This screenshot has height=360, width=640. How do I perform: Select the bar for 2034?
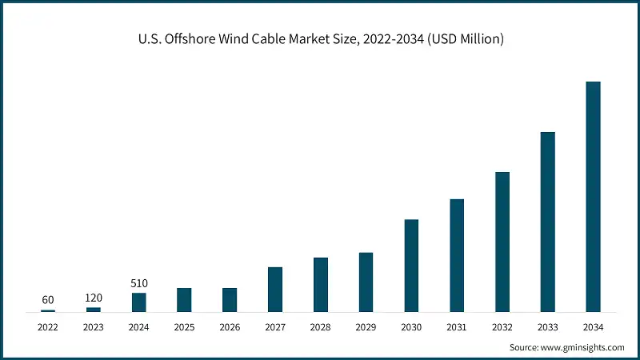[x=593, y=196]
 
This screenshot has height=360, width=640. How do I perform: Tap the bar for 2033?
[x=547, y=222]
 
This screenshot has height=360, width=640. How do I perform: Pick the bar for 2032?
[x=502, y=242]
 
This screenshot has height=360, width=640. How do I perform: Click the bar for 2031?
[x=457, y=255]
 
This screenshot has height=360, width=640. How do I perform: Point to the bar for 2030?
[x=411, y=265]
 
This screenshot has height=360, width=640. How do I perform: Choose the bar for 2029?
[x=366, y=282]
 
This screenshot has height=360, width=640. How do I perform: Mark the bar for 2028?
[x=321, y=284]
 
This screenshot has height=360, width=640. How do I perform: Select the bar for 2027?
[x=275, y=289]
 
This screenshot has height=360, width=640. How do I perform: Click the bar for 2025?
[x=184, y=299]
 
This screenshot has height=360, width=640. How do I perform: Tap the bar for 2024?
[x=139, y=302]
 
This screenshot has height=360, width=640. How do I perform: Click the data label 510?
[x=139, y=283]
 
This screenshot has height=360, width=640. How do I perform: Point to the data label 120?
[x=94, y=298]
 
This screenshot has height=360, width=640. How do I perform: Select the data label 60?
[x=48, y=300]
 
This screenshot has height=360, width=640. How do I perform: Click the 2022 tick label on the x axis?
[x=48, y=327]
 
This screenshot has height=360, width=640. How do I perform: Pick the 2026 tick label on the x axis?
[x=230, y=327]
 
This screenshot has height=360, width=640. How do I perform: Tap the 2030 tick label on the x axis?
[x=411, y=327]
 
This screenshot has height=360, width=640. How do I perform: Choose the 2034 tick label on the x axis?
[x=593, y=327]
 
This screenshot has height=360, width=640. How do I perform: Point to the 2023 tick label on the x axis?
[x=94, y=327]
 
